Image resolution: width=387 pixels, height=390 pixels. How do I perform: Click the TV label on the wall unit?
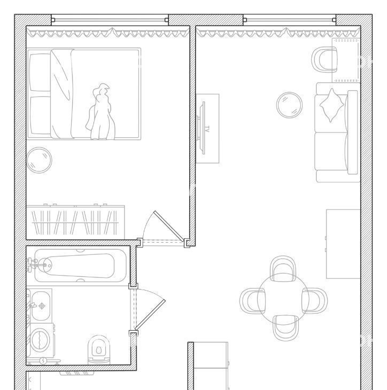[x=207, y=129]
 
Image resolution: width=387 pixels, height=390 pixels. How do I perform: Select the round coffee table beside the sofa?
[x=289, y=105]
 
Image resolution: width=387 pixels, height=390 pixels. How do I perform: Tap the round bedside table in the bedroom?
[x=39, y=160]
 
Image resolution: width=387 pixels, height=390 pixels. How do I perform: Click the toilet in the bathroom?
[x=99, y=350]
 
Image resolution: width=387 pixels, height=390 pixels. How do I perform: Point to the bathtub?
[x=80, y=266]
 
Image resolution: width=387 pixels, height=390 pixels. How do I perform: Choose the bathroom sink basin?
[x=41, y=306]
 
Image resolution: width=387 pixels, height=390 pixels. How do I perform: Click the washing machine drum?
[x=40, y=340]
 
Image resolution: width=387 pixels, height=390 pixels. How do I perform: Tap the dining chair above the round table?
[x=283, y=269]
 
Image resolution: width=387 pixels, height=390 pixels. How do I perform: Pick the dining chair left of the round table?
[x=253, y=301]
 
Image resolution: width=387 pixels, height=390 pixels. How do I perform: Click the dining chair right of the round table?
[x=314, y=300]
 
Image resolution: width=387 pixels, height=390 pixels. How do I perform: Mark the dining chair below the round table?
[x=285, y=327]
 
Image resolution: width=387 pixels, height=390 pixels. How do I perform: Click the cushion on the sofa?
[x=331, y=105]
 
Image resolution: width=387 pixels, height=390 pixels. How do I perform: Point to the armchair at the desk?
[x=324, y=60]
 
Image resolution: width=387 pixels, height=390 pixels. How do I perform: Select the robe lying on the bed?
[x=100, y=112]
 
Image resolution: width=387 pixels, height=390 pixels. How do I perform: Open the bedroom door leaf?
[x=170, y=227]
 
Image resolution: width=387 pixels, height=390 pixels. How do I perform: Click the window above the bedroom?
[x=110, y=20]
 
